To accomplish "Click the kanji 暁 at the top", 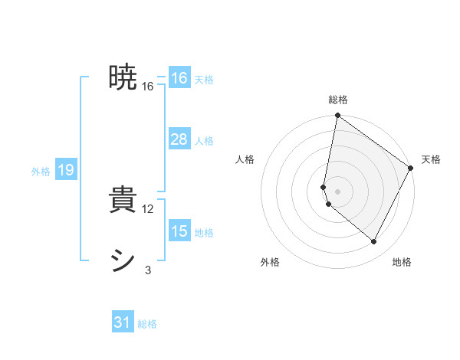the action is [123, 78].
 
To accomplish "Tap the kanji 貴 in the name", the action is [123, 201].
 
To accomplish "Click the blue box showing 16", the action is [179, 78].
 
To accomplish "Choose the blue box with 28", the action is [179, 139].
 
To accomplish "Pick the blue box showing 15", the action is [179, 231].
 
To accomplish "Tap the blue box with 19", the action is [65, 170].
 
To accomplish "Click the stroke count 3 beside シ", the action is [148, 270].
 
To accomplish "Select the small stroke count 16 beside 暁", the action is [148, 87].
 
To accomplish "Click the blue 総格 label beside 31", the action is [147, 324].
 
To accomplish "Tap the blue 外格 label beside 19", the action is [41, 172].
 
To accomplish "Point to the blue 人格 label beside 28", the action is [204, 141].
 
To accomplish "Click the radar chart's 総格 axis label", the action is [338, 100].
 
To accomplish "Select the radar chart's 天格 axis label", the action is [431, 159].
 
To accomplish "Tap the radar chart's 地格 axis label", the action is [402, 263].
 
